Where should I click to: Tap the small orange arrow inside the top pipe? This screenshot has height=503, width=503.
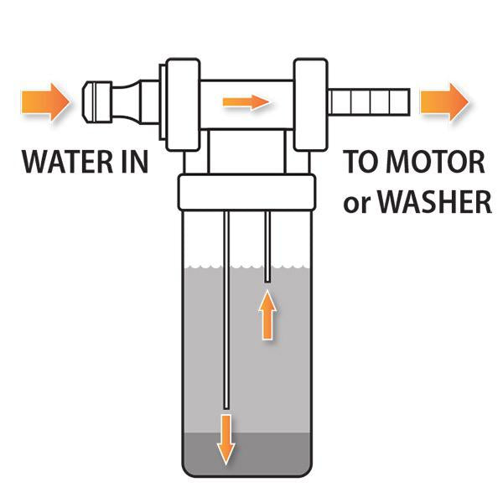246,102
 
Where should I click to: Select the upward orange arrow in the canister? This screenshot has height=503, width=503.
267,314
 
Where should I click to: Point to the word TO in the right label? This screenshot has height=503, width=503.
363,160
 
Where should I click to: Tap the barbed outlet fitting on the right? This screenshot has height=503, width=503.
369,101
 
